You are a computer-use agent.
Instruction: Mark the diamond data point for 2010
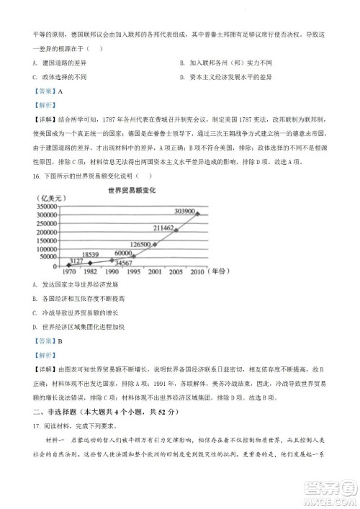click(198, 214)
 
